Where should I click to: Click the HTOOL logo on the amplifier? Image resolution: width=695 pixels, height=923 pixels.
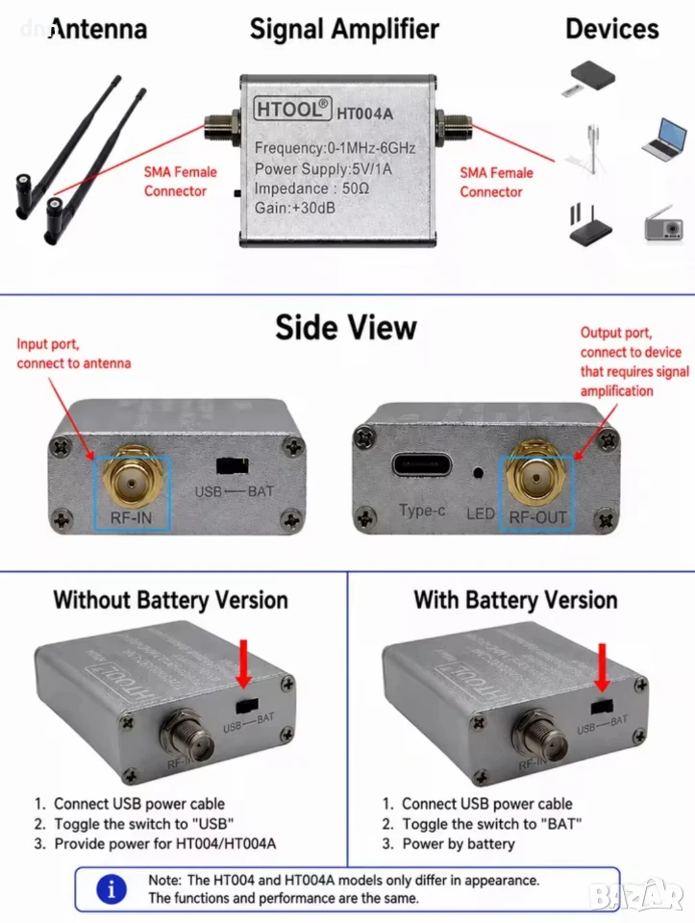(x=292, y=109)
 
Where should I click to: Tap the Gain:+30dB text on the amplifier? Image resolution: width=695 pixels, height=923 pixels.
(x=295, y=208)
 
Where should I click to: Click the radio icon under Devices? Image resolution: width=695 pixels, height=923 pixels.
(x=664, y=223)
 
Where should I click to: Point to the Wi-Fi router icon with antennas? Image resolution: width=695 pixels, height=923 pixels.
(x=590, y=224)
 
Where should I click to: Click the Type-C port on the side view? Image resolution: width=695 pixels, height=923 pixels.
(x=422, y=465)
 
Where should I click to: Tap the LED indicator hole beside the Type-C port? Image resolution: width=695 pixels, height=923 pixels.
(x=479, y=472)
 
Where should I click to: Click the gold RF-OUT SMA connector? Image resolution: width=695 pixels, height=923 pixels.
(x=536, y=474)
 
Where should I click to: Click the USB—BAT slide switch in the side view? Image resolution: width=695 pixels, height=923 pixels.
(x=233, y=465)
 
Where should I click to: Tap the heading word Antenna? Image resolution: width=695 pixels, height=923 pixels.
(x=98, y=29)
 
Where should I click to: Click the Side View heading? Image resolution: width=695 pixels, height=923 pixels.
(x=346, y=327)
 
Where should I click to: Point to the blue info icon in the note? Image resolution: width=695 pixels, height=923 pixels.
(x=112, y=888)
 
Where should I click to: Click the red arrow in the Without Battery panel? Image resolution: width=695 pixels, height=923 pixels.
(x=243, y=663)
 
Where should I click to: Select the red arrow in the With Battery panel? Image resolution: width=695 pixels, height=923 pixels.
(x=602, y=667)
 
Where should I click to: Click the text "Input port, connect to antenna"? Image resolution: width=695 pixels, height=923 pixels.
(x=74, y=353)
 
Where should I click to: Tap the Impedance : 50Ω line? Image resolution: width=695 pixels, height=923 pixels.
(x=311, y=188)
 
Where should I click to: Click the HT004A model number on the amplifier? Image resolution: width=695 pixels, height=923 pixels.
(x=365, y=113)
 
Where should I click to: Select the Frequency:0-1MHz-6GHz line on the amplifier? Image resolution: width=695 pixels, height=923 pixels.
(x=335, y=148)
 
